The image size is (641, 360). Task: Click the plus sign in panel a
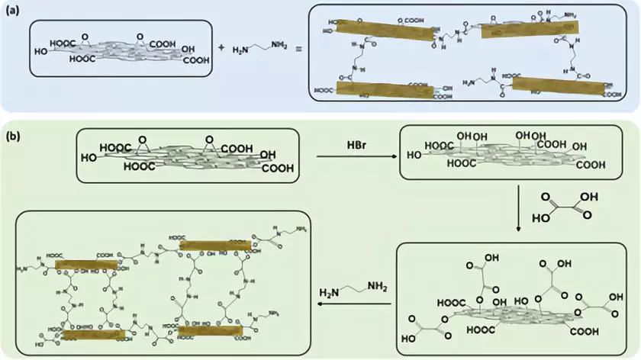221,47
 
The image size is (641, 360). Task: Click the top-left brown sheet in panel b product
85,264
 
